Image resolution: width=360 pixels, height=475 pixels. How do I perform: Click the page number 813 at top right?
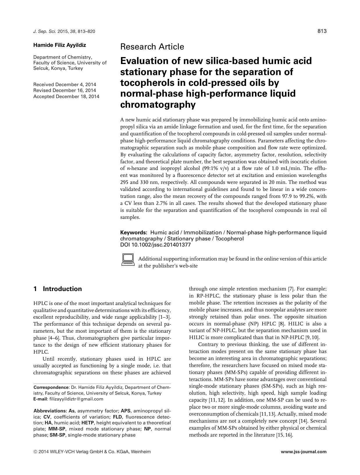[322, 31]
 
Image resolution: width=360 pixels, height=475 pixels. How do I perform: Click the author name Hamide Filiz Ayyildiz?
[60, 45]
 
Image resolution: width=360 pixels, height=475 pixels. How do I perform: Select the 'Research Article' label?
[152, 47]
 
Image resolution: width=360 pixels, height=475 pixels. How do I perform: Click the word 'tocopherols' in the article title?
[145, 83]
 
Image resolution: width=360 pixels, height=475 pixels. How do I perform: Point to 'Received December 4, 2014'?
[65, 85]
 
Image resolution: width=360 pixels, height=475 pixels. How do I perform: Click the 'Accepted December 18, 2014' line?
[66, 96]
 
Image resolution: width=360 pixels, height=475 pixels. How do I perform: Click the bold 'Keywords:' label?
[134, 233]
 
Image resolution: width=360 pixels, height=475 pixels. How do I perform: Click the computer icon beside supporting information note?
[128, 260]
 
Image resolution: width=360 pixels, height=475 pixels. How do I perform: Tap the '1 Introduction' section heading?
[58, 289]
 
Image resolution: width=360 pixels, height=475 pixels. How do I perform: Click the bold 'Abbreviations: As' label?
[54, 411]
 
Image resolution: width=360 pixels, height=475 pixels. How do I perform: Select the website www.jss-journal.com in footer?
[304, 452]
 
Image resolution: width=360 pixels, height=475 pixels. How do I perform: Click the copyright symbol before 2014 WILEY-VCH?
[35, 452]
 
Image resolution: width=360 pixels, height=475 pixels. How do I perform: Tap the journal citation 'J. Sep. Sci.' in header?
[45, 31]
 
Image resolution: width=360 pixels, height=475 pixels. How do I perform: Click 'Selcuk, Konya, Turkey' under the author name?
[58, 68]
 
